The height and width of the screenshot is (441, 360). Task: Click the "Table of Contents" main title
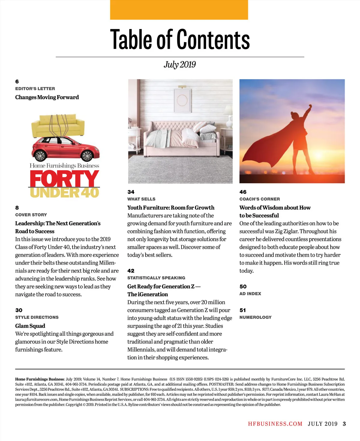click(180, 40)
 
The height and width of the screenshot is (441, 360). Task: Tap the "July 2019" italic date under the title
click(180, 64)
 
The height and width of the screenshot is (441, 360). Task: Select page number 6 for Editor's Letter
click(17, 82)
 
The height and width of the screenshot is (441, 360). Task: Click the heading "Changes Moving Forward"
click(47, 97)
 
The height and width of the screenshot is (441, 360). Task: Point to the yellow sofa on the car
click(58, 126)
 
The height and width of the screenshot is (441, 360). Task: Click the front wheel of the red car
click(87, 156)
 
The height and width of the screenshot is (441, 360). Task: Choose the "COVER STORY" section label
click(31, 215)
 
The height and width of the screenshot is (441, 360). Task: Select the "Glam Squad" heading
click(30, 326)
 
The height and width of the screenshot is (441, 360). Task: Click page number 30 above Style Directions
click(19, 310)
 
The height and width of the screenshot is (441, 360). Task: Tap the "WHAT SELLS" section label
click(141, 199)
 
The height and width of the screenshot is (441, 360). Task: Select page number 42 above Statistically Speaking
click(131, 271)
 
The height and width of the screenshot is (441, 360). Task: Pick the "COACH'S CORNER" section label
click(259, 199)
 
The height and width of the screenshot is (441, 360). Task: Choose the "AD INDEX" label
click(250, 294)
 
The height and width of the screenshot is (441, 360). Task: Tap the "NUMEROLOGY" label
click(255, 317)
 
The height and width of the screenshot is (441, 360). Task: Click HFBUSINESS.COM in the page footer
click(275, 424)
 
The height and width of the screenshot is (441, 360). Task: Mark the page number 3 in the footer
click(344, 424)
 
